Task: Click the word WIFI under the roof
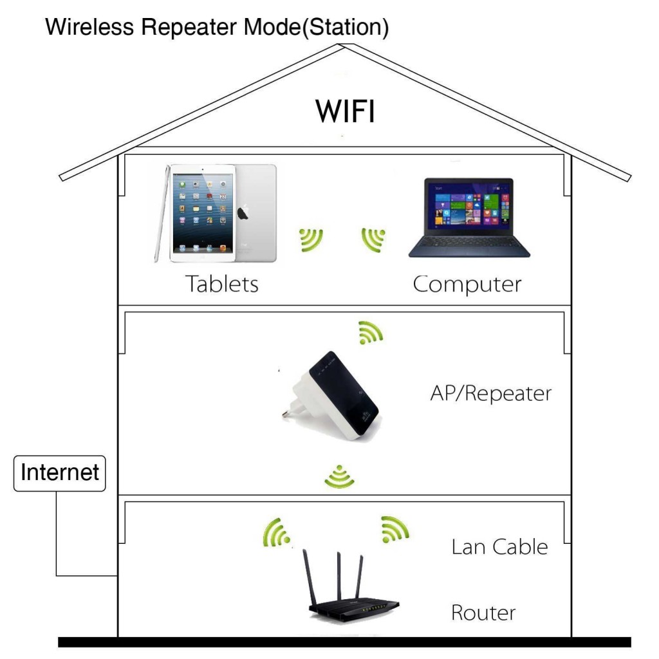pos(345,111)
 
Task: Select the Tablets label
pos(222,283)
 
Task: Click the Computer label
pos(467,283)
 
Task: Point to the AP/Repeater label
pos(490,393)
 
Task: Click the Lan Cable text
pos(499,546)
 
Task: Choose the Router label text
pos(483,612)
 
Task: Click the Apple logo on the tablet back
pos(243,213)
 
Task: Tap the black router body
pos(354,608)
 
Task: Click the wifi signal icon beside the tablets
pos(311,239)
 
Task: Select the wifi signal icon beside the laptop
pos(374,239)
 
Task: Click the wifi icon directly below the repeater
pos(339,476)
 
